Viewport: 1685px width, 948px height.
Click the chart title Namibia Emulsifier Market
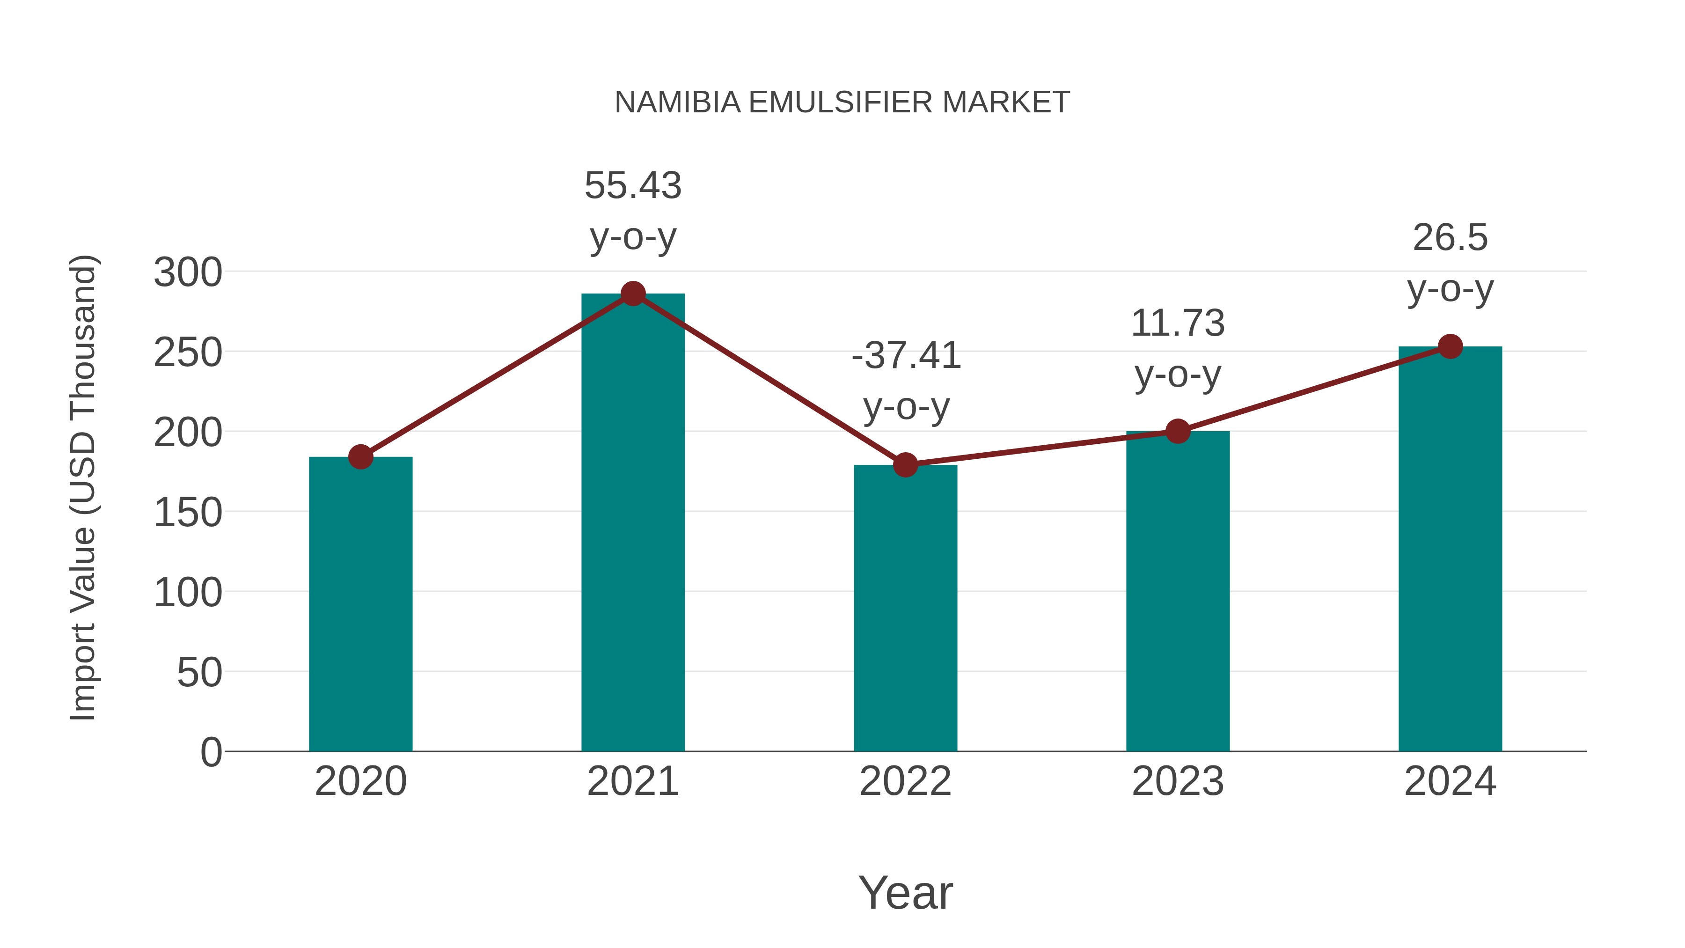pyautogui.click(x=842, y=103)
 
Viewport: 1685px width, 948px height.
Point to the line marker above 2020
pyautogui.click(x=360, y=456)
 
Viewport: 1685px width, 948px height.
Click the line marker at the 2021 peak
pyautogui.click(x=632, y=294)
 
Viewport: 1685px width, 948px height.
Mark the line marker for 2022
pyautogui.click(x=905, y=464)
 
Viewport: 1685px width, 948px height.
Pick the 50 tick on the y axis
pyautogui.click(x=199, y=673)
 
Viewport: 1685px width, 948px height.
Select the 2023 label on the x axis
pyautogui.click(x=1178, y=781)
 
